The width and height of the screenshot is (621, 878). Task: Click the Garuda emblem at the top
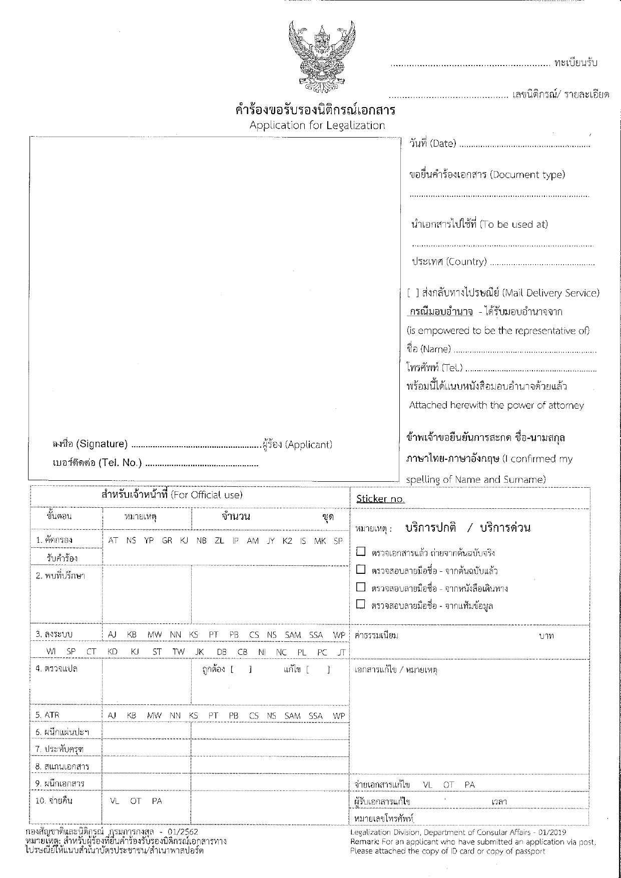click(x=322, y=56)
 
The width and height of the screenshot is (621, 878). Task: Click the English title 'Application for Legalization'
click(x=317, y=125)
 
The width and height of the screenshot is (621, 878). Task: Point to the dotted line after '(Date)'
click(x=524, y=146)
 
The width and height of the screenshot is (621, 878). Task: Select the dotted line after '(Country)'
click(x=542, y=264)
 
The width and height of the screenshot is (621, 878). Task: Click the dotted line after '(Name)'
click(x=525, y=351)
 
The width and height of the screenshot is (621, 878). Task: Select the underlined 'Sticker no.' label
click(x=380, y=499)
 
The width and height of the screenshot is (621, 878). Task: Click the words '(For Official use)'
click(x=207, y=495)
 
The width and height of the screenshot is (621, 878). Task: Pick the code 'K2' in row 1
click(x=287, y=541)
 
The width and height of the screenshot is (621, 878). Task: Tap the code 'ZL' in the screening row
click(x=219, y=541)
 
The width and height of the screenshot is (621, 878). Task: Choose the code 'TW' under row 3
click(x=178, y=651)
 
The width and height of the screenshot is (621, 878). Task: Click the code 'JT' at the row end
click(x=341, y=651)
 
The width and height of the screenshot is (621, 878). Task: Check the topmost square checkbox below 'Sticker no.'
click(x=360, y=552)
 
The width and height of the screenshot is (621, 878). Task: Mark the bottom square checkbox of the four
click(x=360, y=604)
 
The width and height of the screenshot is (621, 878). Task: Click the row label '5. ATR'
click(x=48, y=715)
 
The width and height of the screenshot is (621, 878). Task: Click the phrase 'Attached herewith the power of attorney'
click(x=496, y=405)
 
